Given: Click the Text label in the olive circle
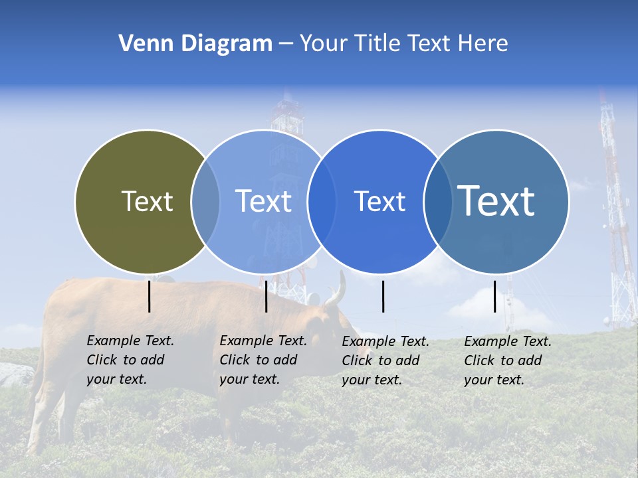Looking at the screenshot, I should click(x=147, y=201).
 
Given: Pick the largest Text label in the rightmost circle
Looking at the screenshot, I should click(x=496, y=200).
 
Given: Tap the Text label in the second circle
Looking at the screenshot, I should click(x=264, y=201).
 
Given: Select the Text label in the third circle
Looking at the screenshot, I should click(x=380, y=201).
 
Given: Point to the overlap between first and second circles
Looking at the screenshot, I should click(x=205, y=201).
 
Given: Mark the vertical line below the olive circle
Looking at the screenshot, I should click(x=150, y=297).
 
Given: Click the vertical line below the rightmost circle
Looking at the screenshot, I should click(x=495, y=297).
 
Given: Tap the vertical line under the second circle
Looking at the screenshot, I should click(x=266, y=297).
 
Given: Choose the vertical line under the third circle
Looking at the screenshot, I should click(x=383, y=297).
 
